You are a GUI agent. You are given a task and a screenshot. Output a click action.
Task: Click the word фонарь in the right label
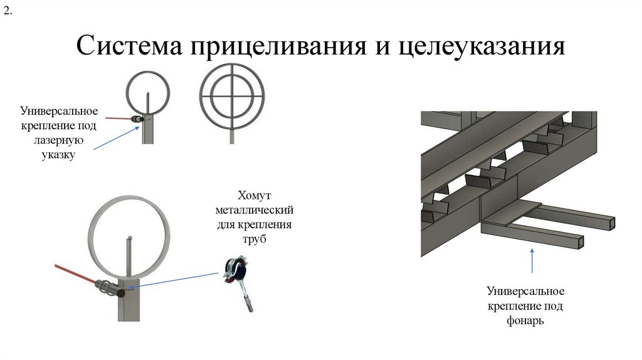525,320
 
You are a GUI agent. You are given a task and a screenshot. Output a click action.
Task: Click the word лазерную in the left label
58,140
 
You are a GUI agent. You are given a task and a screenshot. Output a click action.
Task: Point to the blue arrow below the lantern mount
533,260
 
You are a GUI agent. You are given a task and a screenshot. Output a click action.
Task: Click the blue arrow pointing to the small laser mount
116,138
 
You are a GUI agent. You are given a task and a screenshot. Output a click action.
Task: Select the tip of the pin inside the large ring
129,238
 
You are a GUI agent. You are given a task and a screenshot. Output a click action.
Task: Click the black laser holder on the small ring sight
137,118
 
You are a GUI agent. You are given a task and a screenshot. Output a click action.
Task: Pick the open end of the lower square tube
581,242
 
